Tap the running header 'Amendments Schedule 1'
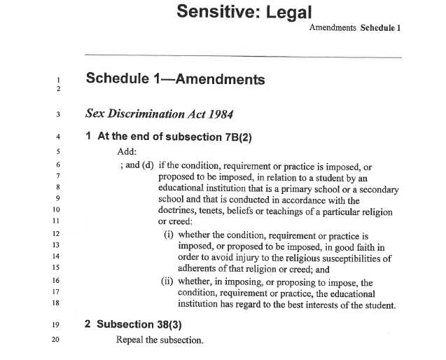(x=354, y=29)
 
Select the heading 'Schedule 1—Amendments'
(x=175, y=79)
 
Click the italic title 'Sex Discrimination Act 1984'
(x=159, y=113)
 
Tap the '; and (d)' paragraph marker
(x=137, y=165)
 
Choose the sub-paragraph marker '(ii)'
(x=167, y=282)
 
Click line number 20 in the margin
(x=57, y=340)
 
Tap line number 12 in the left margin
(x=57, y=234)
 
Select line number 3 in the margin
(x=58, y=113)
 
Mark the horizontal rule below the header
(x=242, y=55)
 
